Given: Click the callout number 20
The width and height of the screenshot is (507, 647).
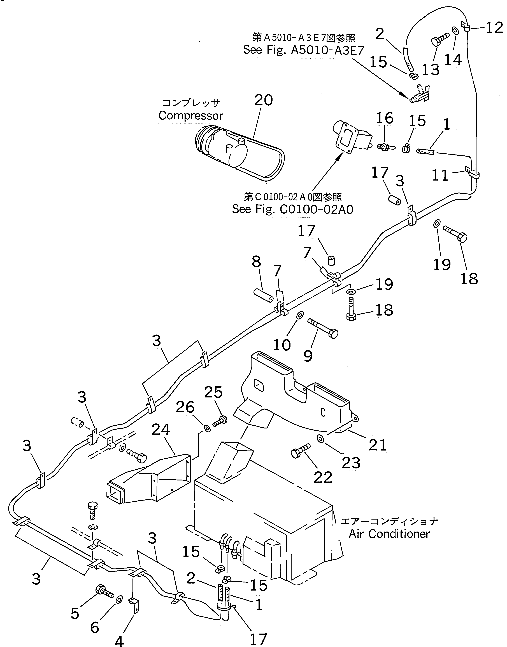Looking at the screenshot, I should (x=263, y=100).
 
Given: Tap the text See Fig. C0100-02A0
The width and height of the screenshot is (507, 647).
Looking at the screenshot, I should (x=293, y=210).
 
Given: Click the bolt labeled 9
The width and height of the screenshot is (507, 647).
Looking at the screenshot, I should (x=323, y=328).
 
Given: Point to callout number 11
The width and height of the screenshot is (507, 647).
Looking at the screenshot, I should (x=440, y=176).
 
